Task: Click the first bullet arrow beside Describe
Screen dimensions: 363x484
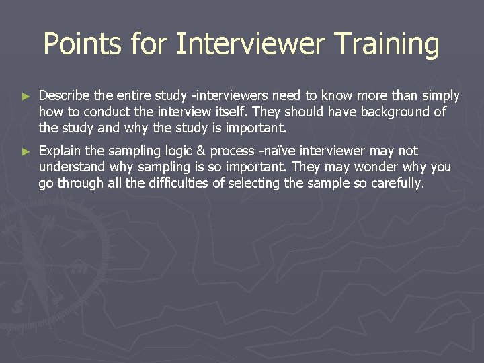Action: (26, 97)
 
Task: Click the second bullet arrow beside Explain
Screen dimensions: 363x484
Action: (26, 152)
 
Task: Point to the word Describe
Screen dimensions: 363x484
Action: (64, 96)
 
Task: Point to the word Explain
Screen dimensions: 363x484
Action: (61, 151)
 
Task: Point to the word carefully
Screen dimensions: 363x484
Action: (398, 184)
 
